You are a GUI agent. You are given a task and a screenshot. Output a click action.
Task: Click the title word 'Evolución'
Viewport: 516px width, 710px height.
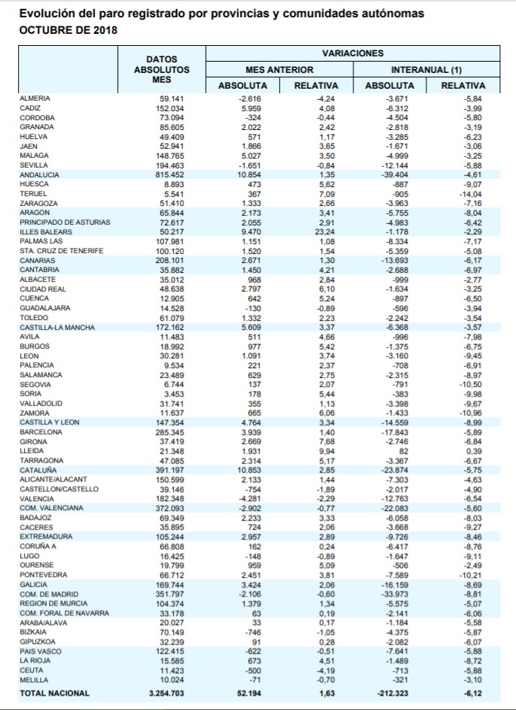pyautogui.click(x=45, y=14)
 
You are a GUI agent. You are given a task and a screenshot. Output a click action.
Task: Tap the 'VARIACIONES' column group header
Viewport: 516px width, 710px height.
pyautogui.click(x=352, y=53)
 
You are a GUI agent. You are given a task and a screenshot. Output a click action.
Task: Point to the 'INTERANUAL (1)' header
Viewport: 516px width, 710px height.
pyautogui.click(x=426, y=69)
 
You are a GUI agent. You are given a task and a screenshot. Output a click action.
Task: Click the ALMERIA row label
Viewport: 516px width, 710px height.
pyautogui.click(x=36, y=98)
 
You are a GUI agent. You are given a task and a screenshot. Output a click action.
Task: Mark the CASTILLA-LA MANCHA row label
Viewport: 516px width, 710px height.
pyautogui.click(x=57, y=328)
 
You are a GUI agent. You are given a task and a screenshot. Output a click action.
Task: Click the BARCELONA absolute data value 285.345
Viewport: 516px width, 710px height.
pyautogui.click(x=168, y=432)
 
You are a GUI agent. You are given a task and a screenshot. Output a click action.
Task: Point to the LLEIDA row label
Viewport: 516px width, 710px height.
pyautogui.click(x=33, y=451)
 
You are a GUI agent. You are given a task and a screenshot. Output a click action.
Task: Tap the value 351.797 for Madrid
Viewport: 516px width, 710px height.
pyautogui.click(x=168, y=594)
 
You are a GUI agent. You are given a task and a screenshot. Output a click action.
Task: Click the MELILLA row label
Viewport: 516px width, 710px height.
pyautogui.click(x=35, y=679)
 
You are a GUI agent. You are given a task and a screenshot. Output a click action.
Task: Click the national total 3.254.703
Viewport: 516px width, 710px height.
pyautogui.click(x=160, y=693)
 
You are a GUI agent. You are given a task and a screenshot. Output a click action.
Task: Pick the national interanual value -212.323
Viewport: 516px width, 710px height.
pyautogui.click(x=392, y=693)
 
